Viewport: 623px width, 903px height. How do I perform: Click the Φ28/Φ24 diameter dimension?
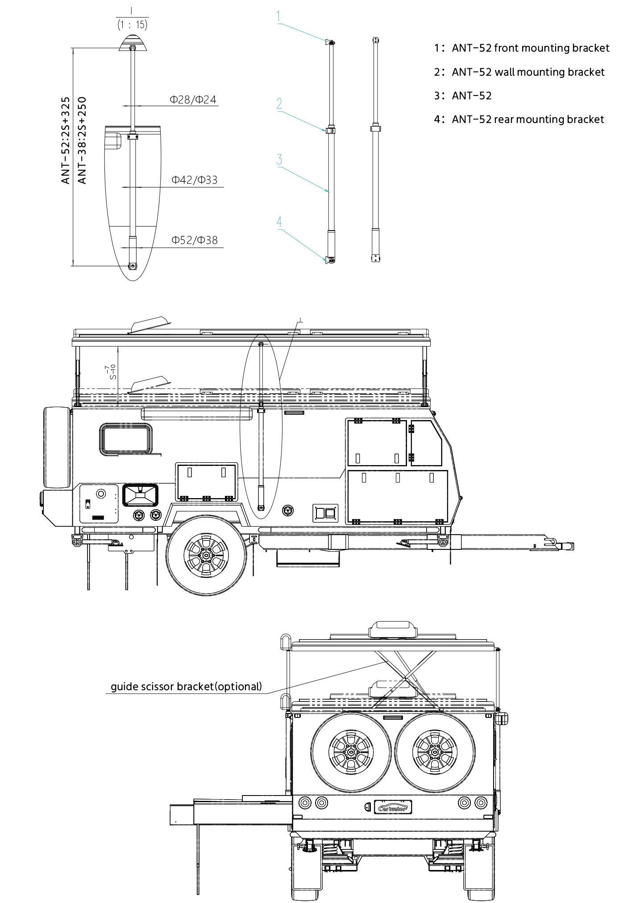coord(193,99)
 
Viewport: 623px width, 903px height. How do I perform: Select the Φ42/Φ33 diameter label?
coord(194,180)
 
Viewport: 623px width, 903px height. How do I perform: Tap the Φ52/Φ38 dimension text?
coord(195,240)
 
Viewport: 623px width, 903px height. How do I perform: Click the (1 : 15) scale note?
coord(133,25)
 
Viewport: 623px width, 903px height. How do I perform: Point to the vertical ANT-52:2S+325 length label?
coord(66,140)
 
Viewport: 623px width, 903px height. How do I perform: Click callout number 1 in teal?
coord(278,17)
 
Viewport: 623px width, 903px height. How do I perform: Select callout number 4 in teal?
coord(279,222)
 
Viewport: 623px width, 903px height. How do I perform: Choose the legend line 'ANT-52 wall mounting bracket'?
coord(519,72)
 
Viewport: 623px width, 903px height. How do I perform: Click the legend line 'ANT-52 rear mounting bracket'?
coord(519,120)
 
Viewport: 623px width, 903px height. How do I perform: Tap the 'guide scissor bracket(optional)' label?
coord(186,686)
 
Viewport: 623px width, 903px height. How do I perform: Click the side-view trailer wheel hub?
coord(206,556)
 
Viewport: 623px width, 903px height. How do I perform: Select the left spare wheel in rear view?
coord(351,752)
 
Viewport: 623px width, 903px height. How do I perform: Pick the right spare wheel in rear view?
coord(435,752)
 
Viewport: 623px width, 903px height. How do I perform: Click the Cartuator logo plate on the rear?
coord(393,808)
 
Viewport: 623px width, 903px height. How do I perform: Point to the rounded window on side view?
coord(126,440)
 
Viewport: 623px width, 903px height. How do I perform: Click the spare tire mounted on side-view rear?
coord(57,447)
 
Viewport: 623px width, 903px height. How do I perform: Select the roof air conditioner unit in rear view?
coord(393,630)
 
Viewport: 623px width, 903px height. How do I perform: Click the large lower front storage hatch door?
coord(397,496)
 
